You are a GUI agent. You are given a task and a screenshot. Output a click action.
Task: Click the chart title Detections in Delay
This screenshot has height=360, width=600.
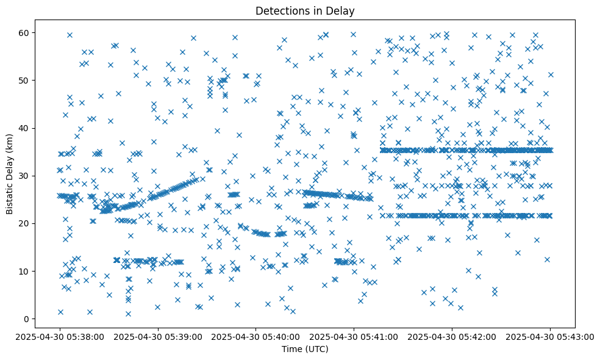coord(305,10)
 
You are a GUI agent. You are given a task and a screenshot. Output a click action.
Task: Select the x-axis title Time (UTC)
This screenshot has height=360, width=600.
coord(305,349)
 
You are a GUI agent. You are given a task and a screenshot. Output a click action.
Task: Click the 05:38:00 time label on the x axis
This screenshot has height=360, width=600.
coord(60,336)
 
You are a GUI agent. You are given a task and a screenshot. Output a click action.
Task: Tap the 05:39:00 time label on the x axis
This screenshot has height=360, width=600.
coord(158,336)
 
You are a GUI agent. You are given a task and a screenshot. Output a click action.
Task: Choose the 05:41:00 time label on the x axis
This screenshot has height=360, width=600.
coord(354,336)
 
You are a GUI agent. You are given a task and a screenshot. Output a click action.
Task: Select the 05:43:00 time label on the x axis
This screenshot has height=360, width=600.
coord(551,336)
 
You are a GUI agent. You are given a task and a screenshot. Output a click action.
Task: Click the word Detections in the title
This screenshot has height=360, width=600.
coord(280,10)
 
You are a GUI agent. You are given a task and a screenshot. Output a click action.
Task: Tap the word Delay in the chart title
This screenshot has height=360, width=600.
coord(342,10)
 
